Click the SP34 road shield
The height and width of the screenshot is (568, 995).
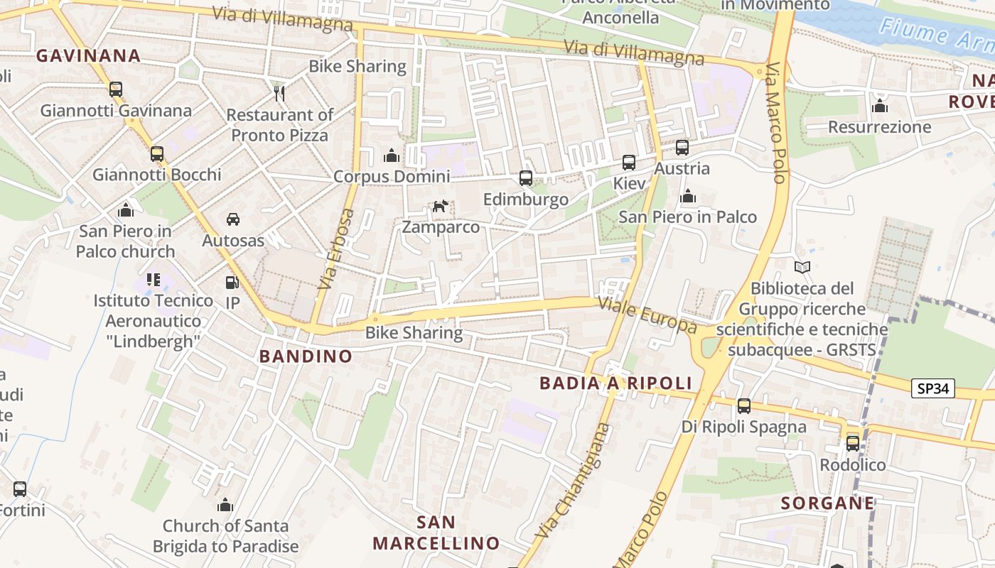click(x=933, y=388)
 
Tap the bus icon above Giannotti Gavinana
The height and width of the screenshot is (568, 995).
click(x=116, y=89)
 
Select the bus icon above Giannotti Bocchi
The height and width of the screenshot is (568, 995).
click(x=156, y=153)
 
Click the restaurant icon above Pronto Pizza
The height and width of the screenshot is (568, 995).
click(x=279, y=92)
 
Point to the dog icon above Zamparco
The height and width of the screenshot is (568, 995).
click(x=441, y=207)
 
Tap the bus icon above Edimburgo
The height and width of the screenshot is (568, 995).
click(x=526, y=178)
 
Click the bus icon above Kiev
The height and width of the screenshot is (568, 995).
click(x=629, y=163)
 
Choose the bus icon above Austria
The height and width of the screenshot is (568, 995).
click(x=682, y=148)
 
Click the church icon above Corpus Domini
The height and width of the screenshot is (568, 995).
click(x=392, y=155)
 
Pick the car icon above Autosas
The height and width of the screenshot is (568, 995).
click(x=233, y=219)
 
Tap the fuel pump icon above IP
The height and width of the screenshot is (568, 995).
click(x=232, y=282)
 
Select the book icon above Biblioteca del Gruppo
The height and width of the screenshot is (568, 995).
click(x=802, y=268)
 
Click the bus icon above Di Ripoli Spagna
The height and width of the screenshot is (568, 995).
click(x=744, y=406)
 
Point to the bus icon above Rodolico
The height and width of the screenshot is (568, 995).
click(x=853, y=444)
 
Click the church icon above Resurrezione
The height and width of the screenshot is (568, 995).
click(x=880, y=106)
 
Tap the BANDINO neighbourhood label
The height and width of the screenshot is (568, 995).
click(x=306, y=356)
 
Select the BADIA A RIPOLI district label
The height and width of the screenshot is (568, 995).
click(x=615, y=383)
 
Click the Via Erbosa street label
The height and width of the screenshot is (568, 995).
click(x=337, y=248)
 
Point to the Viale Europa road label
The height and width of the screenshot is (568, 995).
click(x=647, y=315)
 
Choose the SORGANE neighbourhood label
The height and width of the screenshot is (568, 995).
click(x=828, y=503)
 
